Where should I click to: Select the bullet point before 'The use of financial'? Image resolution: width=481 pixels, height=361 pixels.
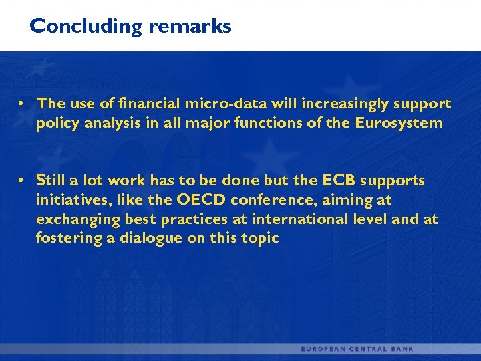coord(22,104)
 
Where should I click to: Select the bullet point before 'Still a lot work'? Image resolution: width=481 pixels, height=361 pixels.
coord(22,180)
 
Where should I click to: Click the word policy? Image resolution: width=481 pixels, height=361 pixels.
coord(57,123)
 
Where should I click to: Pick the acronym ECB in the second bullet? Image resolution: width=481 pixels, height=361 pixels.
coord(339,180)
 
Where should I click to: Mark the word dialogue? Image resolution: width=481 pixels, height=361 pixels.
coord(139,238)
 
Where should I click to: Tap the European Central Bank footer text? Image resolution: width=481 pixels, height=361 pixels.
coord(357,349)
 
